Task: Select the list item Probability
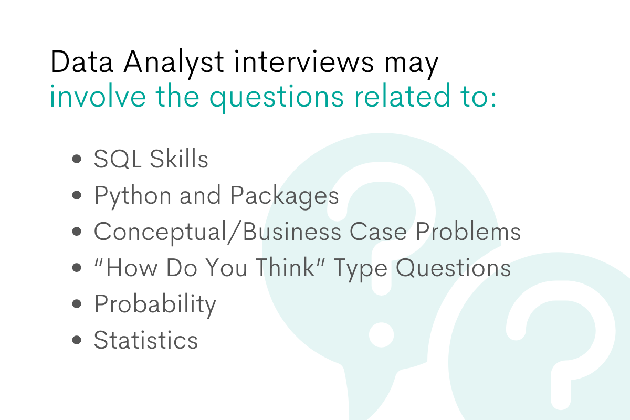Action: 155,304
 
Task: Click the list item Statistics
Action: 146,340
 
